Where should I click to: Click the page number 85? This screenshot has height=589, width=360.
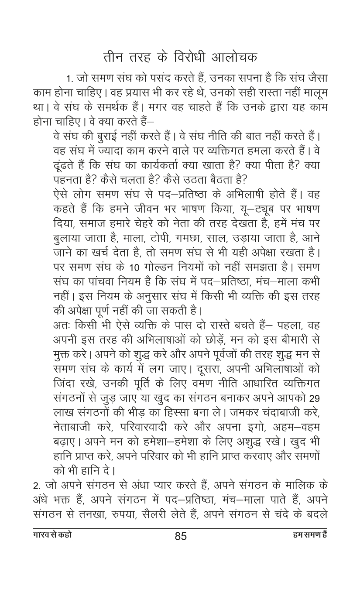click(180, 536)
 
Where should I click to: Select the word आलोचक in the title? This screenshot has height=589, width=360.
click(234, 57)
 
